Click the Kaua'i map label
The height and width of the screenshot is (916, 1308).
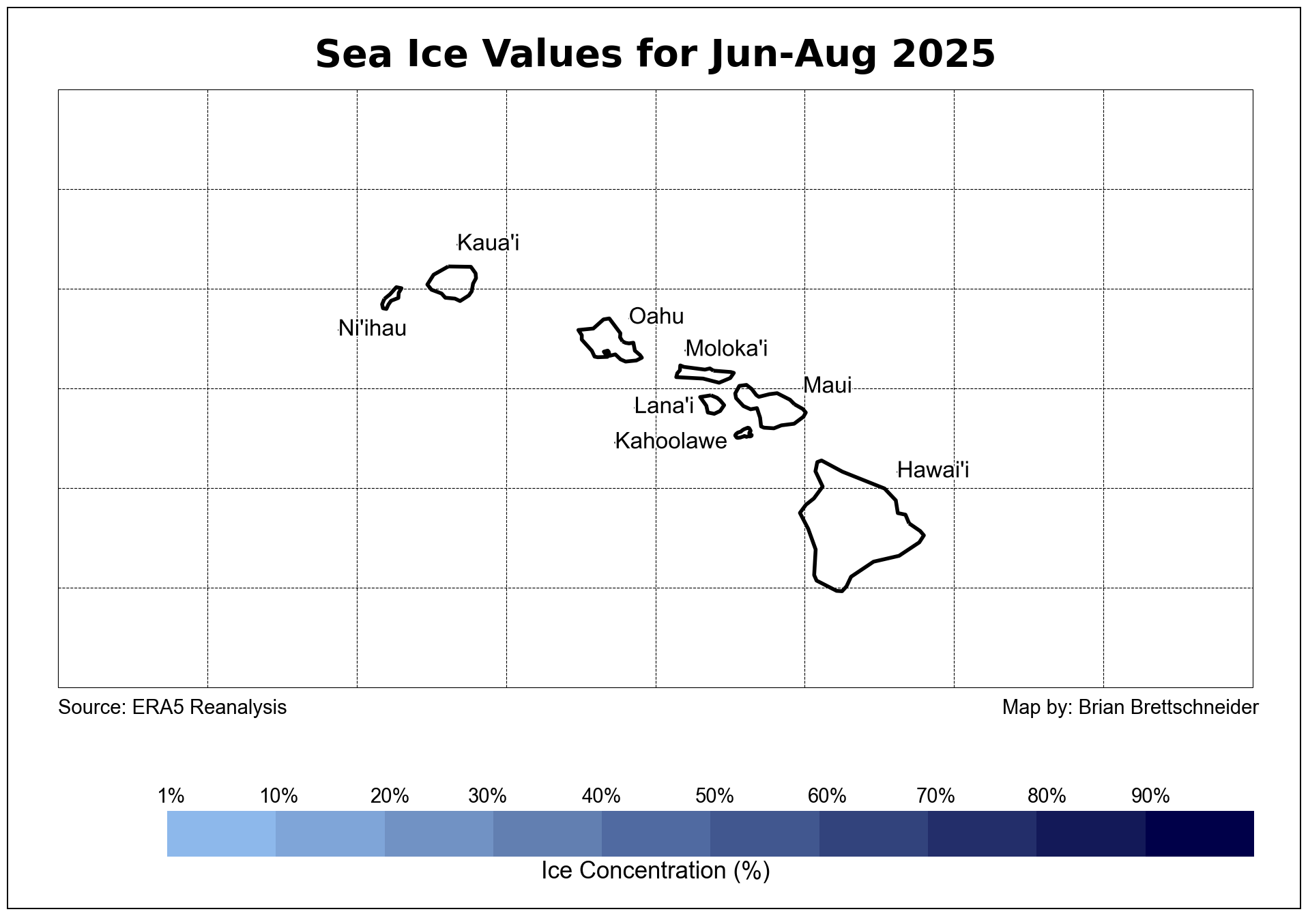coord(488,243)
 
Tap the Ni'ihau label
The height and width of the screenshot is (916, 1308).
coord(372,328)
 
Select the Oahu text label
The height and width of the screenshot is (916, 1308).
coord(656,316)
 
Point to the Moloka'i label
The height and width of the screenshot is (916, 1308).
coord(726,349)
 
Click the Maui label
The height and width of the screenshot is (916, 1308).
coord(827,386)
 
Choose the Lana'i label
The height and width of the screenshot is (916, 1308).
coord(663,406)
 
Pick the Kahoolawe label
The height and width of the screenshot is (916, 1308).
coord(671,441)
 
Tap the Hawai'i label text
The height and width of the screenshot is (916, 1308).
coord(933,470)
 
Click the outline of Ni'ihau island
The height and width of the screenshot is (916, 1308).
coord(392,298)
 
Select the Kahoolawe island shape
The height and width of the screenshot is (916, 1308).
coord(744,433)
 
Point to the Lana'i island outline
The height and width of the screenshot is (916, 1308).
coord(712,404)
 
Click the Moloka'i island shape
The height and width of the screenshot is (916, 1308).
coord(705,373)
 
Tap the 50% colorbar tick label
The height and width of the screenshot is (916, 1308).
coord(714,796)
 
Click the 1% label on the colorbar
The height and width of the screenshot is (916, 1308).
coord(171,796)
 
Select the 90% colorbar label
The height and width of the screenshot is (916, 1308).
coord(1150,796)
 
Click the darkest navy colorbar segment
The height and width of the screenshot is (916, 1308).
coord(1200,833)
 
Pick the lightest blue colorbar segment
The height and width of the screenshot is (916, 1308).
coord(221,833)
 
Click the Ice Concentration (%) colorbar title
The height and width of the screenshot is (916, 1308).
coord(655,871)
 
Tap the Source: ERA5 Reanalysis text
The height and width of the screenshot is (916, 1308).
coord(172,707)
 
